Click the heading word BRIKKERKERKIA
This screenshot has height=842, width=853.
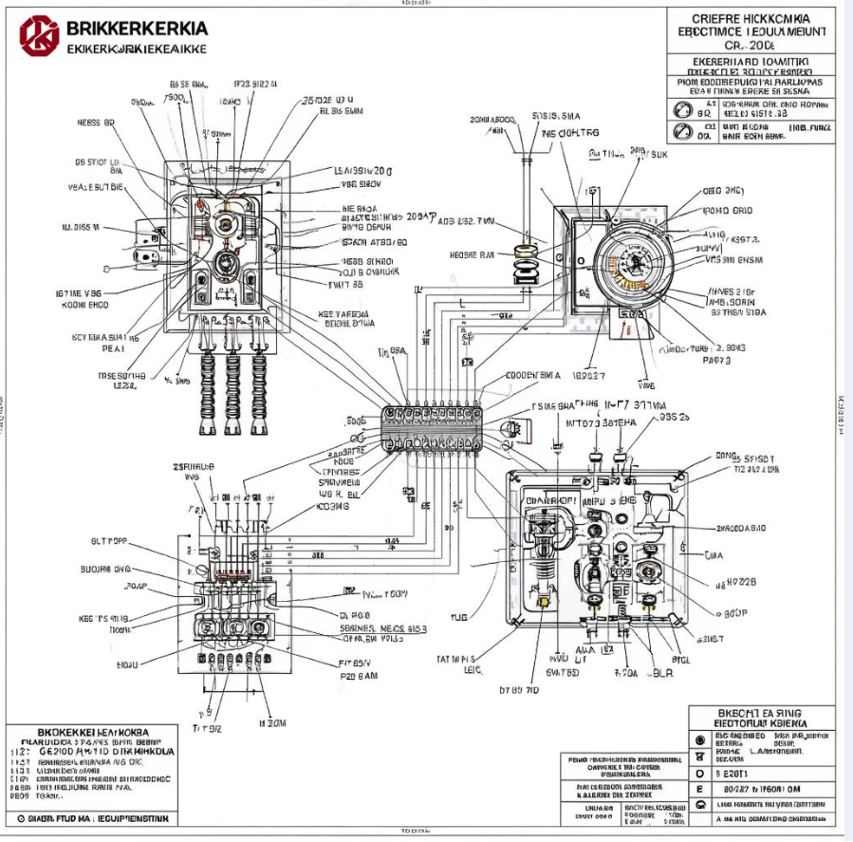tap(138, 28)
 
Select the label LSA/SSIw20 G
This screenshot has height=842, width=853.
tap(364, 171)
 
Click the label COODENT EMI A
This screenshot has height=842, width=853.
tap(533, 375)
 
